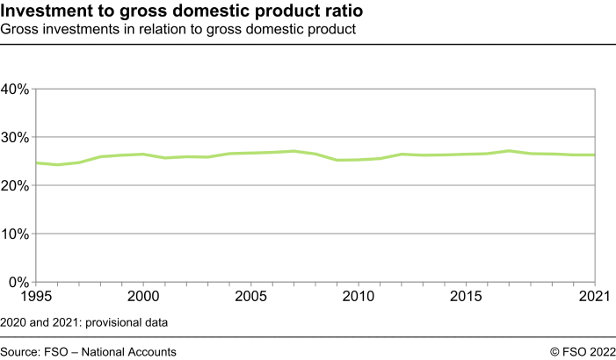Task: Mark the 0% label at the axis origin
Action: click(19, 282)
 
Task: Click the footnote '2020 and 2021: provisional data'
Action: click(83, 322)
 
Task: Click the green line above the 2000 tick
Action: click(142, 155)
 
